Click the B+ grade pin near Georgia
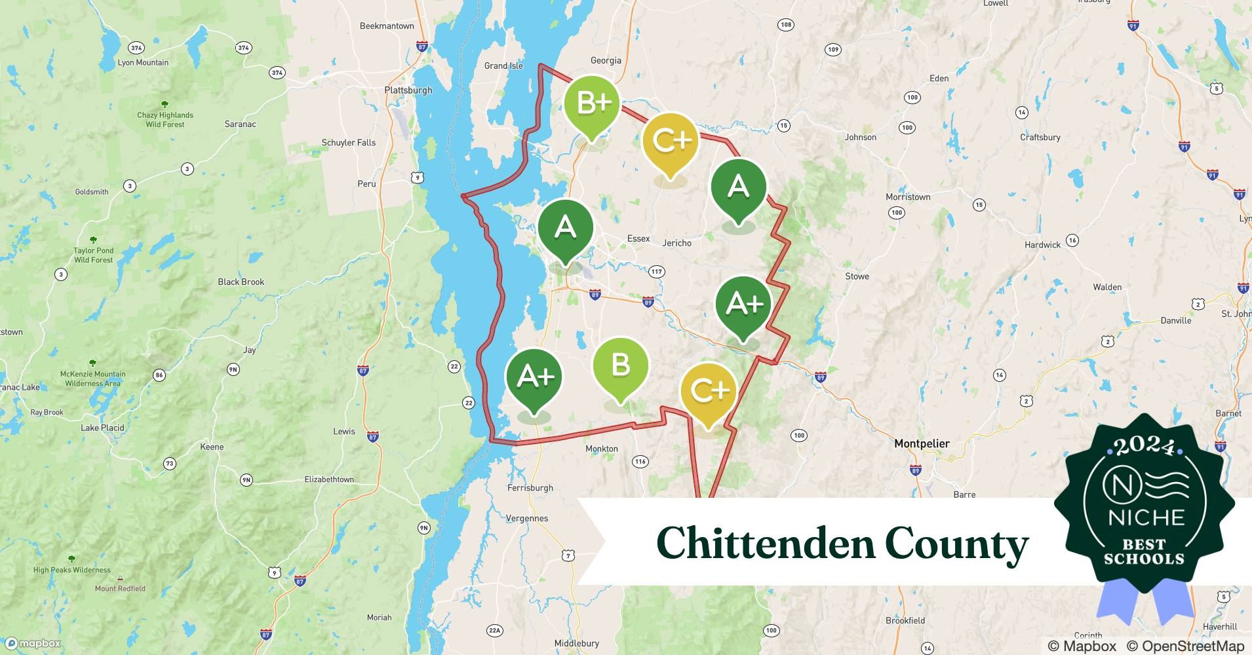pyautogui.click(x=591, y=105)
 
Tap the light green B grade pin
pyautogui.click(x=620, y=366)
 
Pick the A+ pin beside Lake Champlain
pyautogui.click(x=534, y=377)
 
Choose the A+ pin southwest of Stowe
pyautogui.click(x=743, y=304)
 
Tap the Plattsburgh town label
pyautogui.click(x=408, y=90)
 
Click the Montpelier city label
pyautogui.click(x=922, y=444)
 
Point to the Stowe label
pyautogui.click(x=857, y=276)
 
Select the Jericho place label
pyautogui.click(x=676, y=243)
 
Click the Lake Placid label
pyautogui.click(x=102, y=428)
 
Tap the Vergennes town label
pyautogui.click(x=527, y=518)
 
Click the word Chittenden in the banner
pyautogui.click(x=765, y=544)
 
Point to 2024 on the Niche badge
pyautogui.click(x=1144, y=447)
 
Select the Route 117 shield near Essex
pyautogui.click(x=656, y=272)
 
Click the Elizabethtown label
pyautogui.click(x=329, y=479)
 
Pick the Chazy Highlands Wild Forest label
pyautogui.click(x=165, y=119)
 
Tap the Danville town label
pyautogui.click(x=1175, y=320)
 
